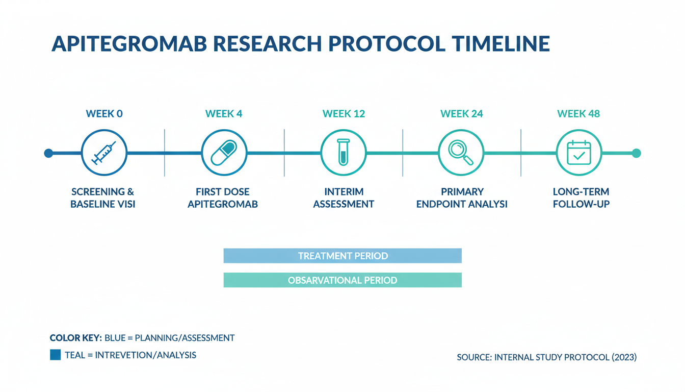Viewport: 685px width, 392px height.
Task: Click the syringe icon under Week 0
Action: (x=104, y=153)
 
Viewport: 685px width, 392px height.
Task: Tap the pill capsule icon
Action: (x=224, y=153)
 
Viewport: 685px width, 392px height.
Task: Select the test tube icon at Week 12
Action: (x=344, y=152)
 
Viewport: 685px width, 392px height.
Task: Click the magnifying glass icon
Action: (x=461, y=153)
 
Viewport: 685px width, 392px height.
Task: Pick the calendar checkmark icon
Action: (x=579, y=153)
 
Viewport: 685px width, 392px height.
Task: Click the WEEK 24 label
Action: (x=461, y=114)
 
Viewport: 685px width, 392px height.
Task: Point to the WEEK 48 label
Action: (x=578, y=114)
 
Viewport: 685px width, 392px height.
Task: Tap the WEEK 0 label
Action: (x=104, y=114)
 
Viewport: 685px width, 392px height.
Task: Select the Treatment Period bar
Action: (x=342, y=256)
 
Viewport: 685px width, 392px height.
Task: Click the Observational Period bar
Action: (x=342, y=280)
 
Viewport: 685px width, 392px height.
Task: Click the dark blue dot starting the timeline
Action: (x=48, y=153)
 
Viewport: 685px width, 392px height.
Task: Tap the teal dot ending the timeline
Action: (x=637, y=153)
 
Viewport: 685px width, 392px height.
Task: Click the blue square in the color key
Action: (x=56, y=355)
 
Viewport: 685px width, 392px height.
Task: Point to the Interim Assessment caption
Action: (x=344, y=198)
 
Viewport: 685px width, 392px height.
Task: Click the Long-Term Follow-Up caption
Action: (x=581, y=198)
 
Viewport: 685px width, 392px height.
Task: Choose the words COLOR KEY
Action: (x=75, y=338)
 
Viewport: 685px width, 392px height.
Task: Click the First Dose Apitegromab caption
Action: (x=223, y=198)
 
